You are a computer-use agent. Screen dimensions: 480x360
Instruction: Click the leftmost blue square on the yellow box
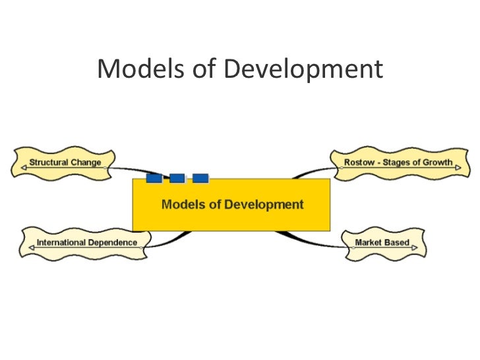point(154,178)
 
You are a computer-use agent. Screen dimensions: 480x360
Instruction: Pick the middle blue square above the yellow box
point(177,178)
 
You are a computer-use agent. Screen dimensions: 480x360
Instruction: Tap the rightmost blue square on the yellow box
point(200,178)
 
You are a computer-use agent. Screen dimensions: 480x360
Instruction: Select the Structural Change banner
point(64,162)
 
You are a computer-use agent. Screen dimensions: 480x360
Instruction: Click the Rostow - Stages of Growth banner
point(398,162)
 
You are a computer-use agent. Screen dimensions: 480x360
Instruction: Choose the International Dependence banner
point(86,243)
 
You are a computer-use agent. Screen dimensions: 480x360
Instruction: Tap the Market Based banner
point(382,243)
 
